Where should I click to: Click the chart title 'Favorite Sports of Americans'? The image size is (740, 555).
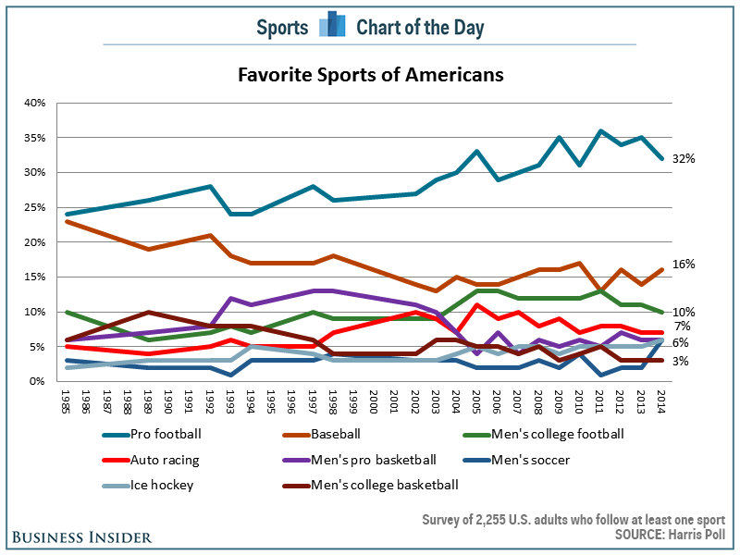370,74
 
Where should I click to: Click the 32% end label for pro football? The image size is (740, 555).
684,159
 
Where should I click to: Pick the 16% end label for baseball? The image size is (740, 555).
684,264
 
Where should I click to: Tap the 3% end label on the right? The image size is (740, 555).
680,361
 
